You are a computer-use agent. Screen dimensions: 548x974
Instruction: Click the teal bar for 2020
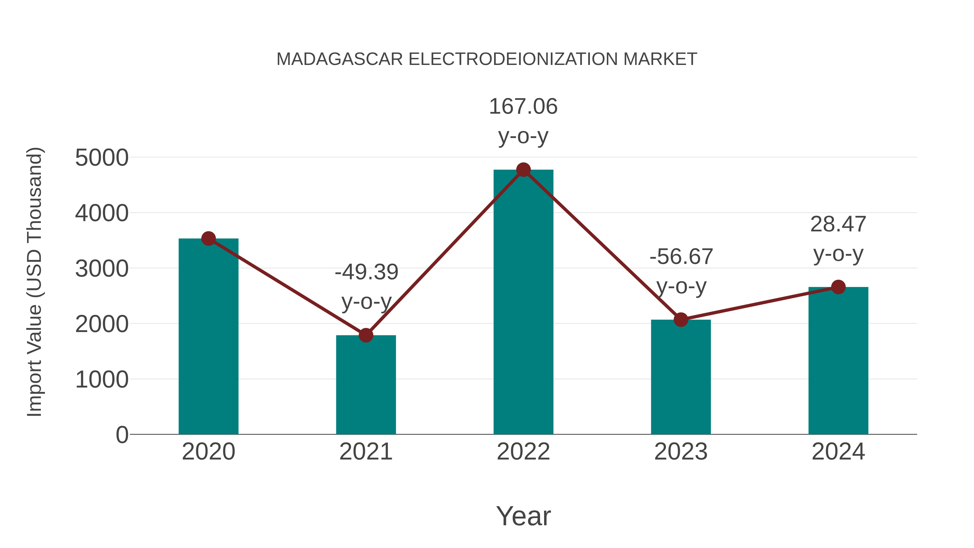point(208,337)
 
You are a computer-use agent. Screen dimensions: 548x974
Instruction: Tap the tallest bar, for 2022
point(523,303)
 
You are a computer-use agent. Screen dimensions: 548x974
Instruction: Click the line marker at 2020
point(208,239)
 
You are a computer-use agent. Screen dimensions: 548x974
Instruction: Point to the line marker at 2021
point(366,335)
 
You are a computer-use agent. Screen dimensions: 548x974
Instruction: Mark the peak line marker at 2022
point(523,170)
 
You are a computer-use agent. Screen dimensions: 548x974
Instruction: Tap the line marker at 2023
point(681,320)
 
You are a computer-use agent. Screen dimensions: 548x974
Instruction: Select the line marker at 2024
point(838,287)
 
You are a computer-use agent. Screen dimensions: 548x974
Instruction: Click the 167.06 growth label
point(523,106)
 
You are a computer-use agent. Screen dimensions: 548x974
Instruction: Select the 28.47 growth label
point(838,224)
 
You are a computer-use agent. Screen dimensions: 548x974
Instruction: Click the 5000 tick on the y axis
point(102,158)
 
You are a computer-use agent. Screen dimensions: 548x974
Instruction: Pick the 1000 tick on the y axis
point(102,379)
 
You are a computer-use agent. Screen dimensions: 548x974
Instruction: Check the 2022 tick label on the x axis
point(523,452)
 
